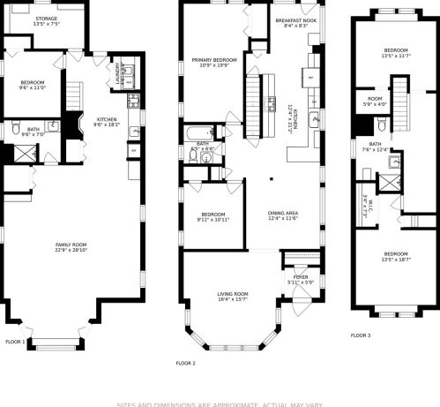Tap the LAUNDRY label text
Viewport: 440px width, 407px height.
click(117, 77)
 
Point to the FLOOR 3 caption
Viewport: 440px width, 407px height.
click(361, 335)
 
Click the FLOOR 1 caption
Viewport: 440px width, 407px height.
click(15, 342)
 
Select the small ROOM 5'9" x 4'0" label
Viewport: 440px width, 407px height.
click(375, 101)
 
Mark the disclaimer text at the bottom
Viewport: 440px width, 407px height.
click(220, 403)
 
